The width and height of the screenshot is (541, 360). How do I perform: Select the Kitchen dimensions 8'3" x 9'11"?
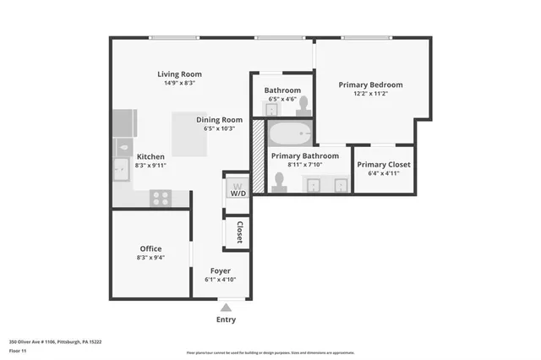[150, 166]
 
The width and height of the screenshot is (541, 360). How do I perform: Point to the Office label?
[150, 248]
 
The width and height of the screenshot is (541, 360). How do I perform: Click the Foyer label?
[220, 270]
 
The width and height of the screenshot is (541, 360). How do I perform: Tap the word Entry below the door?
[226, 319]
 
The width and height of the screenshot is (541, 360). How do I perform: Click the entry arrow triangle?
[226, 308]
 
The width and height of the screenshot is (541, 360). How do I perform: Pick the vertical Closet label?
[240, 232]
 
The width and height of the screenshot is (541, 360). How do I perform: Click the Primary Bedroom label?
[370, 85]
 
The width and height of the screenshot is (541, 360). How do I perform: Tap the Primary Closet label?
[384, 164]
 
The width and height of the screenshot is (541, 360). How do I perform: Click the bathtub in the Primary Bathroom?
[290, 134]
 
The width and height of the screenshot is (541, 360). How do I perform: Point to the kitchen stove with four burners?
[160, 198]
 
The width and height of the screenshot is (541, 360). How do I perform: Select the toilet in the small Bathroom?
[303, 106]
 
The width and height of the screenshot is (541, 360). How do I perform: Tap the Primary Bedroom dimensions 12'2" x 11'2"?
[370, 95]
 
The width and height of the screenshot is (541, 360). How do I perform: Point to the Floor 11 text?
[19, 350]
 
